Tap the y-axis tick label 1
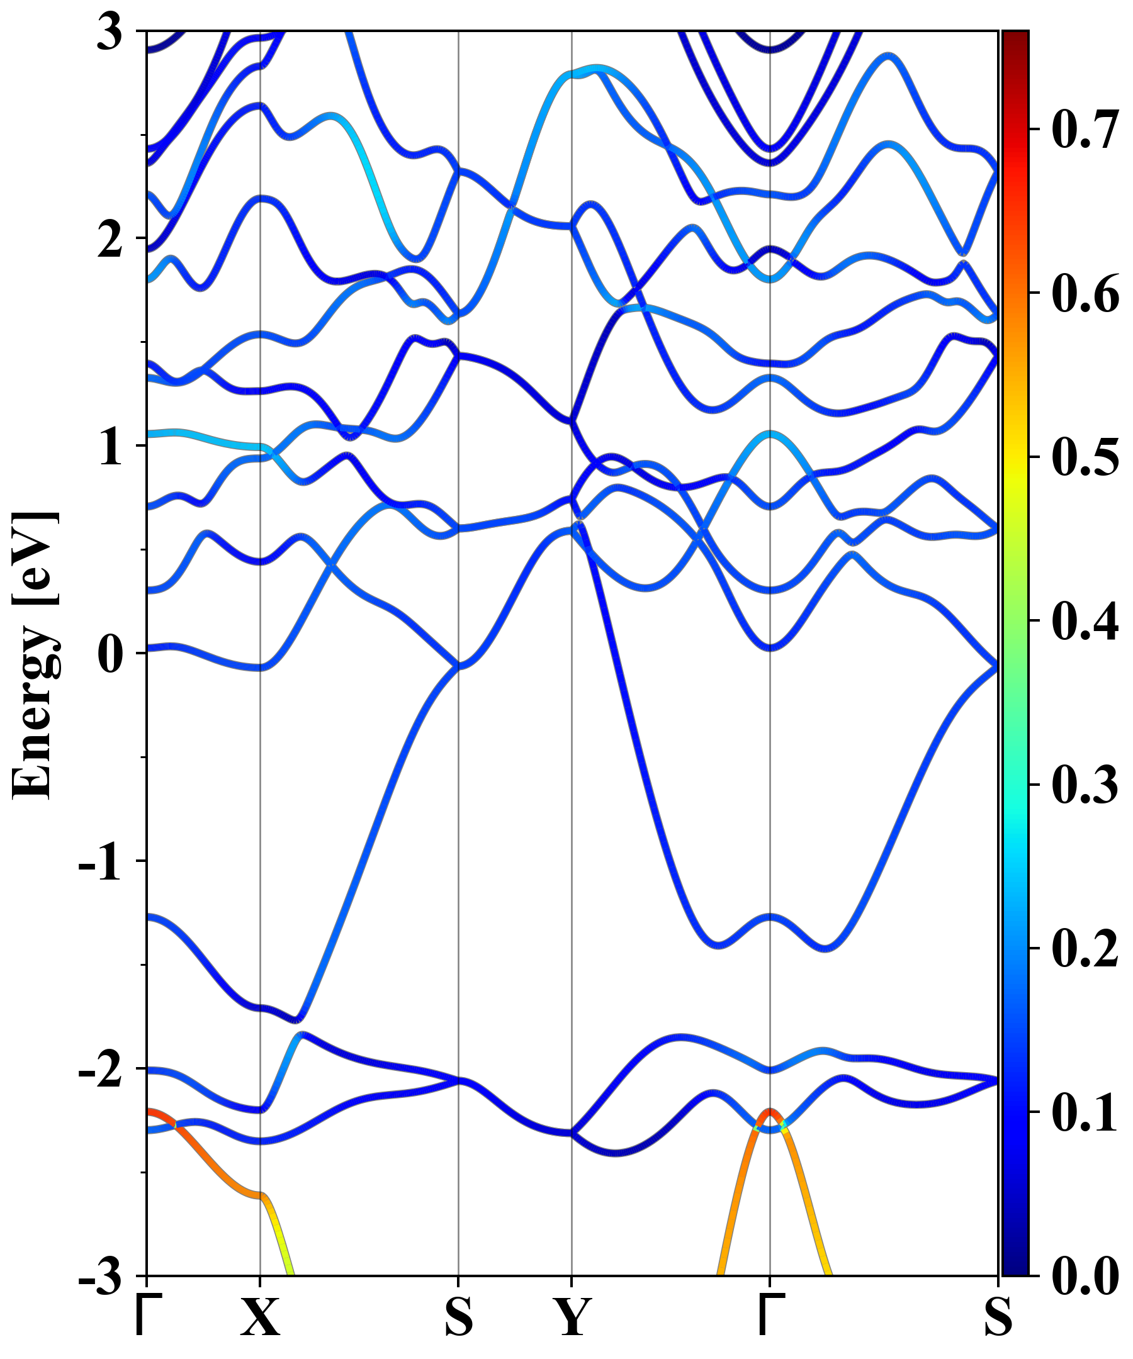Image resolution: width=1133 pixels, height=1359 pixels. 110,447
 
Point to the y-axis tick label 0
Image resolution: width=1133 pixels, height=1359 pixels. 110,654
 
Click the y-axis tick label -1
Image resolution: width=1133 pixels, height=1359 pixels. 100,862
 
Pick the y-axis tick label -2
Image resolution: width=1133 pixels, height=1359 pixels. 100,1070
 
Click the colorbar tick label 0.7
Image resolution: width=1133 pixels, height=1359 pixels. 1084,130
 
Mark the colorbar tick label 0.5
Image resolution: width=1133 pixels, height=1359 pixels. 1084,457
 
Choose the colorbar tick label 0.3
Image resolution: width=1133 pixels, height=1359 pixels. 1084,785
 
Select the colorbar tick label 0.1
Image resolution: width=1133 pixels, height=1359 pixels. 1084,1112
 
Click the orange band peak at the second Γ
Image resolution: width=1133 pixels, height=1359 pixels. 770,1110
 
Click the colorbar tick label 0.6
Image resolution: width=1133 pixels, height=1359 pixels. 1084,293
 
